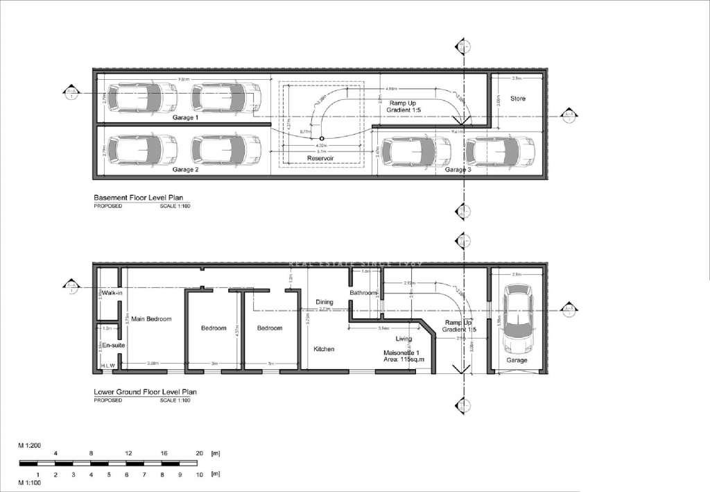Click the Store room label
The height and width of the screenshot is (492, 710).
(518, 99)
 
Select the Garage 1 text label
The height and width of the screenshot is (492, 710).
(186, 118)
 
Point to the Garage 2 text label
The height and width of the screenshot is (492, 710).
(186, 169)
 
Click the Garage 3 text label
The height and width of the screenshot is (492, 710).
(458, 169)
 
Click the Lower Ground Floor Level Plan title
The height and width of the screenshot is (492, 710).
(145, 392)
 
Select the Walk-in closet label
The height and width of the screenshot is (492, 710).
(112, 294)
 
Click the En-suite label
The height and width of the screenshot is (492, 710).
(112, 345)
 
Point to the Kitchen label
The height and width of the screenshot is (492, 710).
(324, 349)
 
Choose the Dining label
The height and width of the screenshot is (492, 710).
(324, 303)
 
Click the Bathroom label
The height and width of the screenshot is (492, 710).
(363, 293)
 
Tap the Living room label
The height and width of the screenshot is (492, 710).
(403, 339)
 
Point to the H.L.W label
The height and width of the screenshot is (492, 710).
(108, 365)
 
